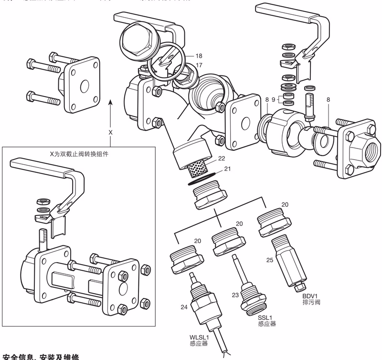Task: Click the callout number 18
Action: click(199, 56)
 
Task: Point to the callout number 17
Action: click(199, 65)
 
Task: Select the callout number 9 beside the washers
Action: click(274, 100)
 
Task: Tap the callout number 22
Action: click(221, 158)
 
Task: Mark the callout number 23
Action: click(235, 295)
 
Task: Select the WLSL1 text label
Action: click(200, 338)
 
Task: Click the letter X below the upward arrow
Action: click(110, 132)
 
